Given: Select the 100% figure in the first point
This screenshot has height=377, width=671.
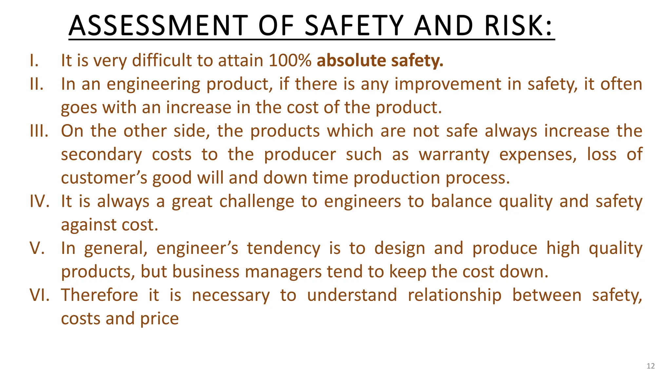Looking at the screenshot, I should pyautogui.click(x=290, y=61).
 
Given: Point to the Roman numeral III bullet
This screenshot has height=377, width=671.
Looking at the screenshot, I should pyautogui.click(x=39, y=131).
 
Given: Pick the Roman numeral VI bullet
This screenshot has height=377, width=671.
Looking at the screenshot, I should pyautogui.click(x=40, y=295).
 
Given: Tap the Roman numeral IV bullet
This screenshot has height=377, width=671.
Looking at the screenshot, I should pyautogui.click(x=40, y=201).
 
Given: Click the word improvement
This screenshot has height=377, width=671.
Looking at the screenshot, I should pyautogui.click(x=448, y=84).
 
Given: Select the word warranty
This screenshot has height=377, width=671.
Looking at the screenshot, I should pyautogui.click(x=454, y=154).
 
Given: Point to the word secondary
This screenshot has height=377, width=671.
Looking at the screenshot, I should pyautogui.click(x=102, y=154).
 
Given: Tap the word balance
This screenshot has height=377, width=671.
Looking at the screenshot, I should pyautogui.click(x=461, y=201).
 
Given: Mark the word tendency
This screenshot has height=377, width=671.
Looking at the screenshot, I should pyautogui.click(x=283, y=248).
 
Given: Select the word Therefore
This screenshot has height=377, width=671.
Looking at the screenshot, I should pyautogui.click(x=100, y=295).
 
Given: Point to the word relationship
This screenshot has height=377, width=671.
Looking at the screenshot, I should pyautogui.click(x=455, y=295).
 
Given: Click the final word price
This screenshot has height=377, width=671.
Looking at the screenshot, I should pyautogui.click(x=160, y=319).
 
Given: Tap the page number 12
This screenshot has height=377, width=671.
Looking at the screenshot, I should pyautogui.click(x=651, y=366).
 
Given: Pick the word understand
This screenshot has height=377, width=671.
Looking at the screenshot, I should pyautogui.click(x=352, y=295).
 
